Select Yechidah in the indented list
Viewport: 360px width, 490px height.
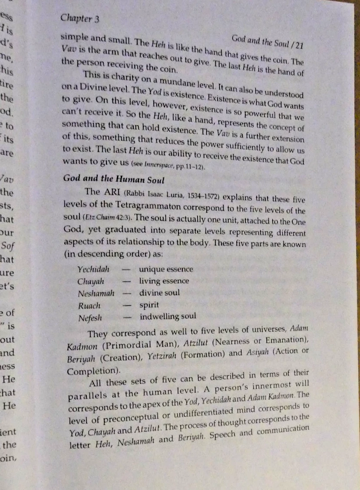tap(93, 269)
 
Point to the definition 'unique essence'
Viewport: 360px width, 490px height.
tap(166, 270)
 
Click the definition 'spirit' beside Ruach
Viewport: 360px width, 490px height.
tap(149, 305)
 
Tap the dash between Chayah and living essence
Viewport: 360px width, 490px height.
tap(126, 281)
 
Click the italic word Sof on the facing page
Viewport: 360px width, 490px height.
tap(9, 246)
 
